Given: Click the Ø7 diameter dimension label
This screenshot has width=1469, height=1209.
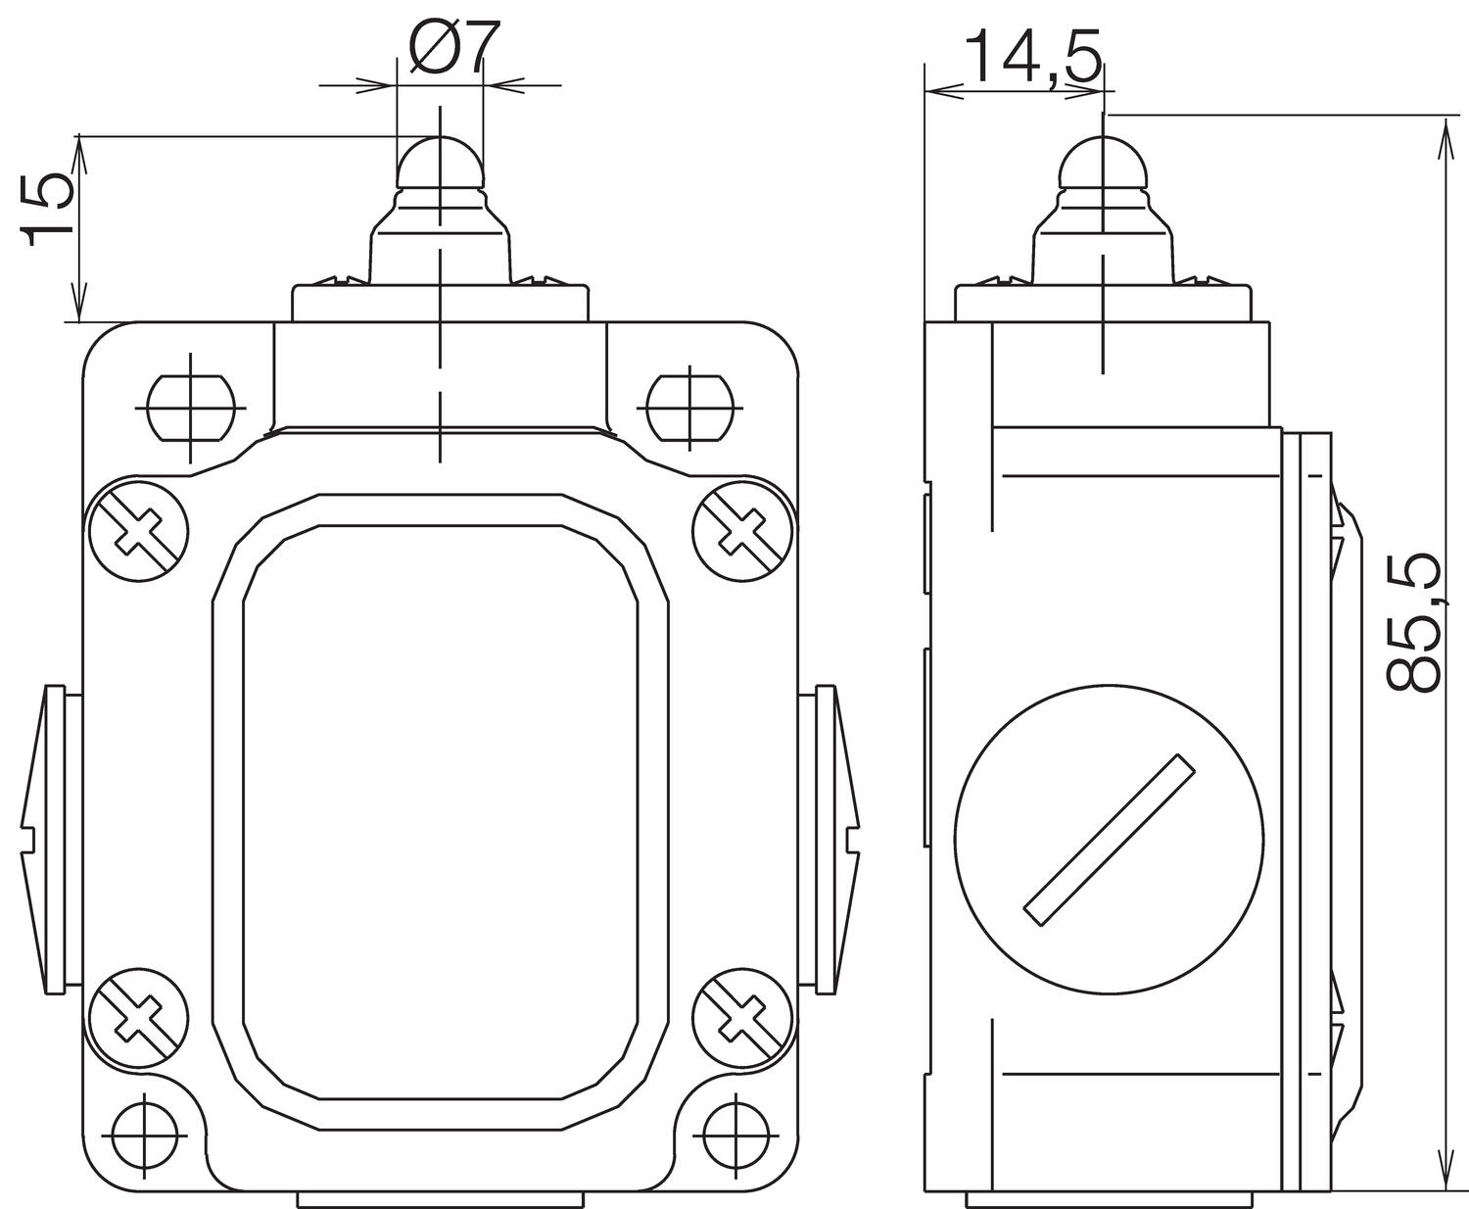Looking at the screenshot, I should tap(447, 48).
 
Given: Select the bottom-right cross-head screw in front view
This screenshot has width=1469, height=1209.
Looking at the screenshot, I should tap(741, 1019).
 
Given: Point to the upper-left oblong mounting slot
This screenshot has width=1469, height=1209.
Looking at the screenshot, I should tap(192, 406).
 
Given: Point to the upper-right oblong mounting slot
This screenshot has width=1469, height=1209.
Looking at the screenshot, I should tap(690, 406).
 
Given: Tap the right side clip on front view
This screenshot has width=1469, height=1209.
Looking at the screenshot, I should tap(833, 840).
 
